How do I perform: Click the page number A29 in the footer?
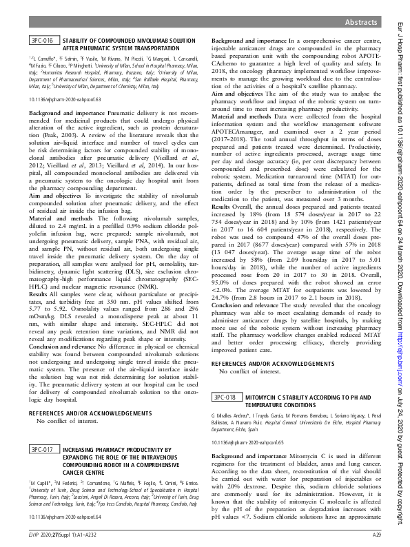pyautogui.click(x=377, y=534)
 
